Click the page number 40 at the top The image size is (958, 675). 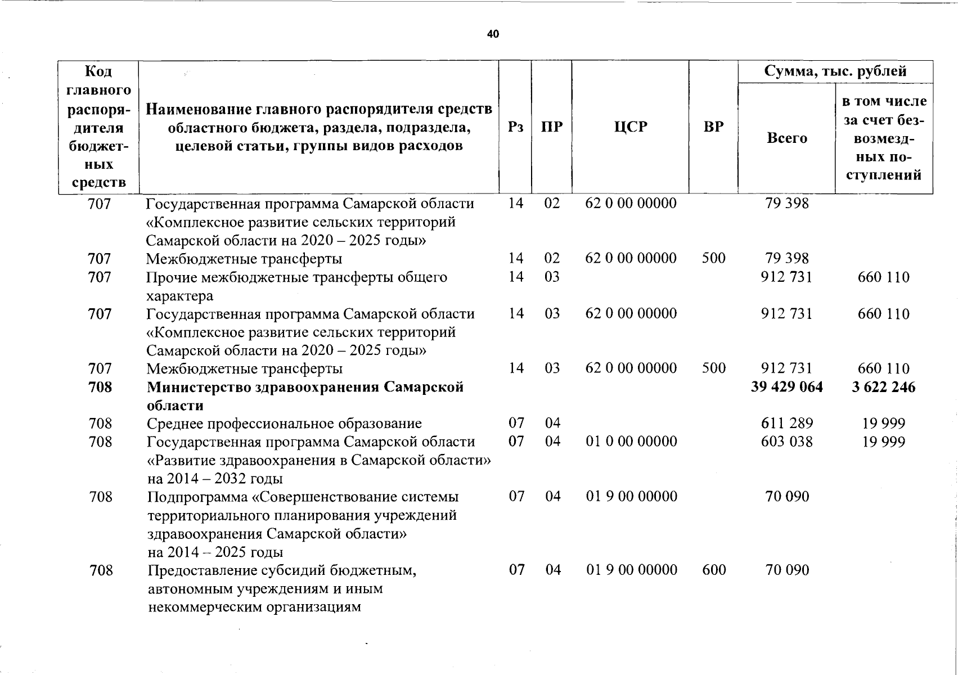(493, 34)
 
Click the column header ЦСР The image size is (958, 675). (631, 127)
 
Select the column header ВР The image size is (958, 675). (713, 127)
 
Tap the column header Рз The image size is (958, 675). (515, 127)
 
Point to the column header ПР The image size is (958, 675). (551, 127)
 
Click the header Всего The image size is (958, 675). (786, 138)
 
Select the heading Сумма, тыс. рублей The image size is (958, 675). (835, 71)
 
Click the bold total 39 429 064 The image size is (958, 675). (786, 387)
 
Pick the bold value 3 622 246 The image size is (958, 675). (883, 387)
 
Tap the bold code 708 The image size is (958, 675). (100, 387)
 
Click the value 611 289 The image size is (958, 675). (786, 424)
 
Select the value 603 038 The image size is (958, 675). (786, 442)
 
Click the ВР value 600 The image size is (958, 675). (714, 570)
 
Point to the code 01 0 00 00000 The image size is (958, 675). (631, 442)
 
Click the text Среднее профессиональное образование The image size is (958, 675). (284, 424)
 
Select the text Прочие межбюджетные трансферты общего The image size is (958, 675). (296, 277)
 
